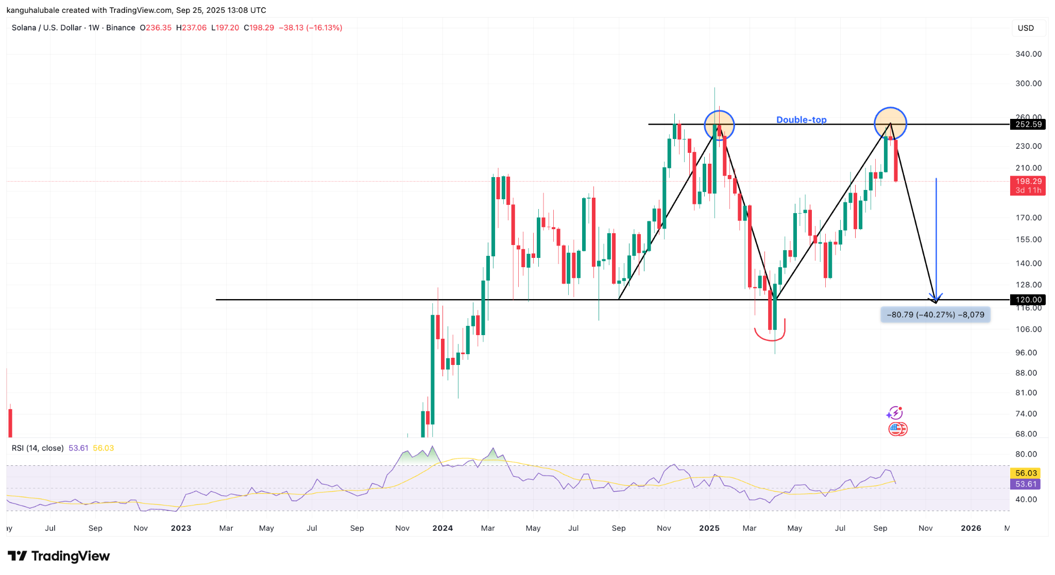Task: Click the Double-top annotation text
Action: coord(801,120)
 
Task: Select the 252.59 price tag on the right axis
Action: coord(1028,124)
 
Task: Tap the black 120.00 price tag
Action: coord(1028,300)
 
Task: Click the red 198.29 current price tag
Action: coord(1028,181)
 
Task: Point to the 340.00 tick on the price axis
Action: coord(1028,54)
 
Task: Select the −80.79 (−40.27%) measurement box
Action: coord(935,315)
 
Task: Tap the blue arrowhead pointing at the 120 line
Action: coord(936,298)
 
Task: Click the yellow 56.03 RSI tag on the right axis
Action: coord(1026,473)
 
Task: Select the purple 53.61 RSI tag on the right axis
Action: coord(1026,484)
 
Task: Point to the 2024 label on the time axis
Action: coord(443,528)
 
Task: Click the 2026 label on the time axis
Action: coord(971,528)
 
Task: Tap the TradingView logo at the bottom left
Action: coord(59,556)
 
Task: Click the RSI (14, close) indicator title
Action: coord(38,448)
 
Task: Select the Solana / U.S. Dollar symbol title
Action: coord(47,28)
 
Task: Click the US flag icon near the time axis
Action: coord(897,429)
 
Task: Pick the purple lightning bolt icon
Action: coord(894,413)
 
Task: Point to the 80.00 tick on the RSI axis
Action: coord(1026,454)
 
